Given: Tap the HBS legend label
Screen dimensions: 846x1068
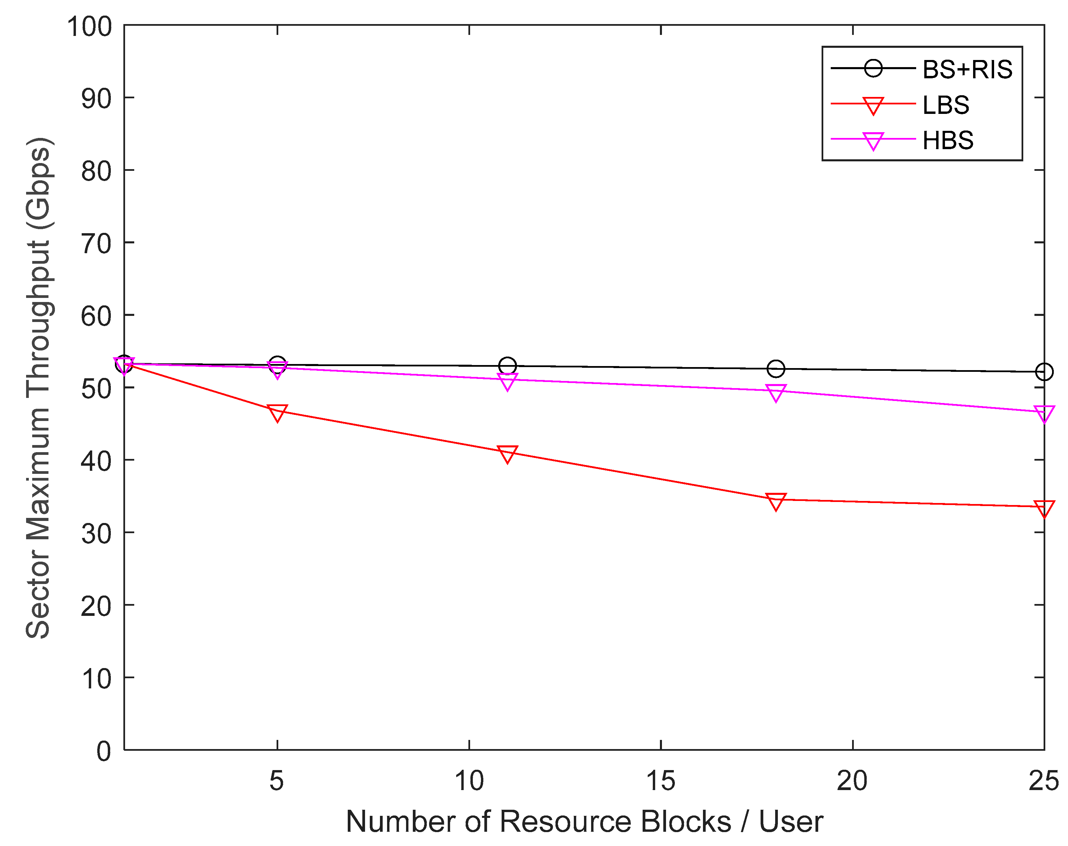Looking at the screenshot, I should (x=948, y=140).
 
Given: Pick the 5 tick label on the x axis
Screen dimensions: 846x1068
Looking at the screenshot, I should (x=277, y=781).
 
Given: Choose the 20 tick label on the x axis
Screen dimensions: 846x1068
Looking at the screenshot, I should (x=852, y=781).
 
